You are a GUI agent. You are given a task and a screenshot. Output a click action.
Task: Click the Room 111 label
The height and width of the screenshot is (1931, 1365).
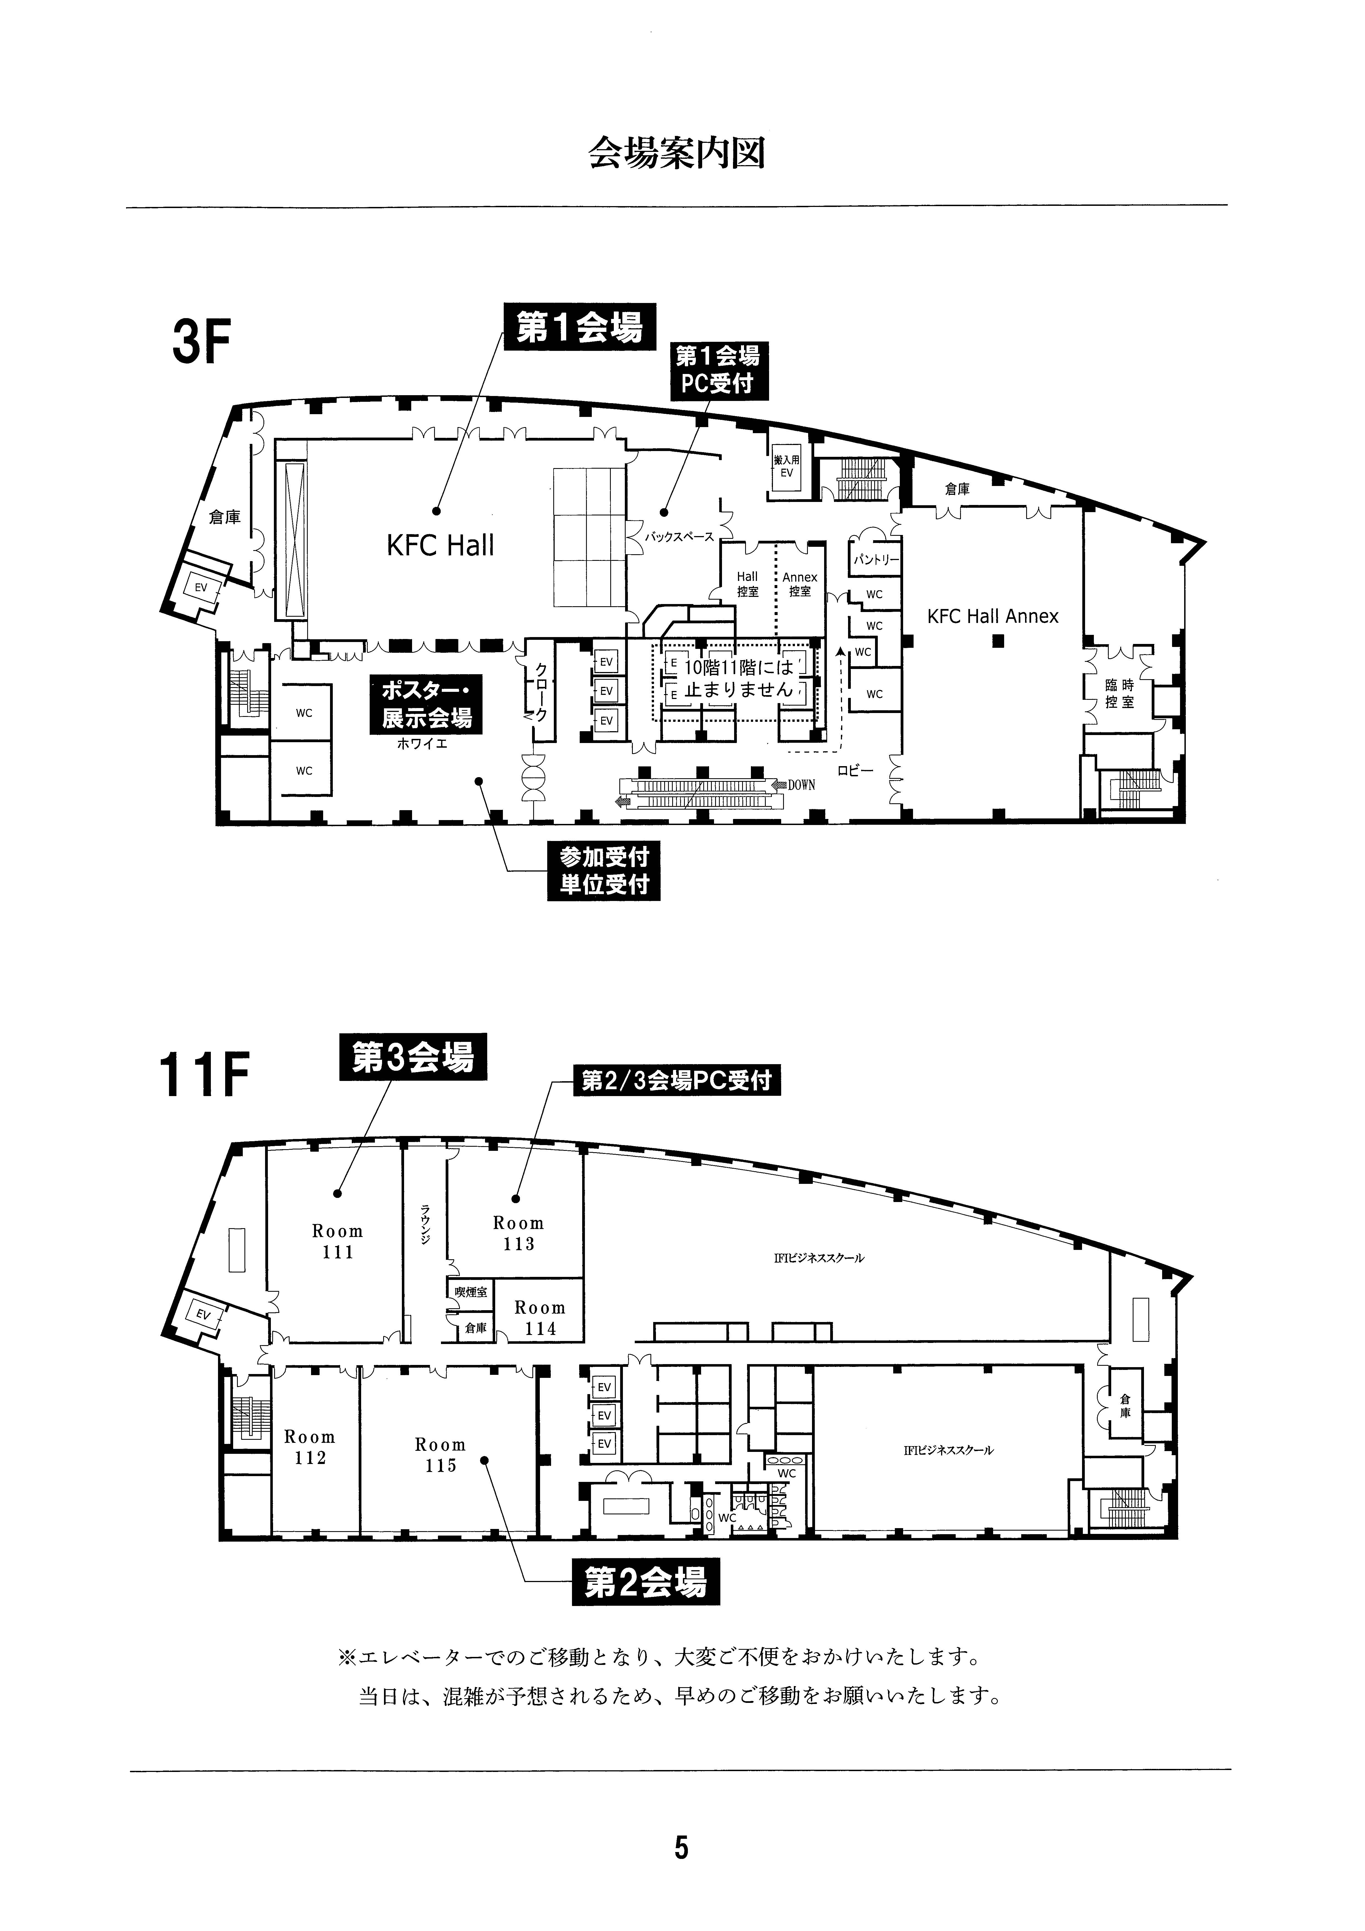337,1241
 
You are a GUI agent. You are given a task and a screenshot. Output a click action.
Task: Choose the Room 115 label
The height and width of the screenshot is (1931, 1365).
440,1455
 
